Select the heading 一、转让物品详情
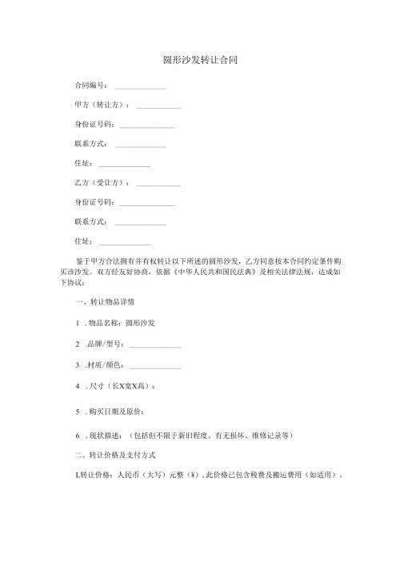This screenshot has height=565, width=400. (104, 304)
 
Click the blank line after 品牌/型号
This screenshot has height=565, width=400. (155, 346)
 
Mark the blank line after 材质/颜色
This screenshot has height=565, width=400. (155, 367)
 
